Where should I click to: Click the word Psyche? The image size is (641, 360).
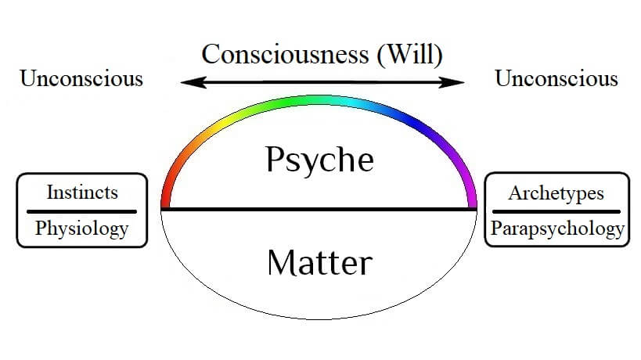point(319,160)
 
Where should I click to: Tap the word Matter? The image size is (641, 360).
point(319,262)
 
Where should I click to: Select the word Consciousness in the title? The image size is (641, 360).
point(286,54)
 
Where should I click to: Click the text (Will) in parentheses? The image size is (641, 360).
point(410,54)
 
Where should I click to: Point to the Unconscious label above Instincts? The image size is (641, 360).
point(81,78)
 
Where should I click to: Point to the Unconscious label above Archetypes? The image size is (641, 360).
point(556,78)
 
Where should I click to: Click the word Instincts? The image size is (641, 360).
point(82,192)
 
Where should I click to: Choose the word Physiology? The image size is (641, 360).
point(81,229)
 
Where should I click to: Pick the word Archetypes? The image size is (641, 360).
point(556,193)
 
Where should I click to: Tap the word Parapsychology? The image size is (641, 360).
point(557,229)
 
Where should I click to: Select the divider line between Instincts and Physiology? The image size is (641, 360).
point(81,211)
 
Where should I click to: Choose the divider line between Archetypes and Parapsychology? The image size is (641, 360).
point(556,211)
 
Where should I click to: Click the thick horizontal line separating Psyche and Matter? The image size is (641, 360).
point(319,209)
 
